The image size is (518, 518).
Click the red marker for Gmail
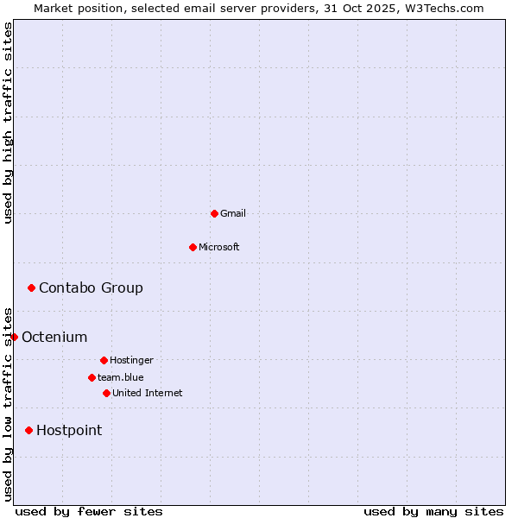click(214, 213)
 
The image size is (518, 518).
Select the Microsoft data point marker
click(193, 247)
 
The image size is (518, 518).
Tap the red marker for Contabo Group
click(31, 287)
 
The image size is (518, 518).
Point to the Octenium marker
click(14, 337)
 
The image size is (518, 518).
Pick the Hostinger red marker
click(104, 360)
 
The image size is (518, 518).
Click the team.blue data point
click(92, 377)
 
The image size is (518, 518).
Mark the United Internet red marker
click(106, 393)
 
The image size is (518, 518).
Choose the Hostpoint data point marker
click(28, 430)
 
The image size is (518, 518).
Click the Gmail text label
click(233, 213)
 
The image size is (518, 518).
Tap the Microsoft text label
click(219, 247)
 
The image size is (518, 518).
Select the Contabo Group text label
click(91, 287)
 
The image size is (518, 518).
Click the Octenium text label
click(54, 337)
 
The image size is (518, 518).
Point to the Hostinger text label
click(131, 360)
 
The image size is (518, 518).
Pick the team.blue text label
click(121, 377)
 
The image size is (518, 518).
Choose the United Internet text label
click(148, 393)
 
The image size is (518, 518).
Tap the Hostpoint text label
click(69, 430)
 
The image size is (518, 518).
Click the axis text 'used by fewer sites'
click(89, 511)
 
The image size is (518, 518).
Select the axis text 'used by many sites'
click(433, 511)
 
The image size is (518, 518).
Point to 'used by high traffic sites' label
click(8, 123)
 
